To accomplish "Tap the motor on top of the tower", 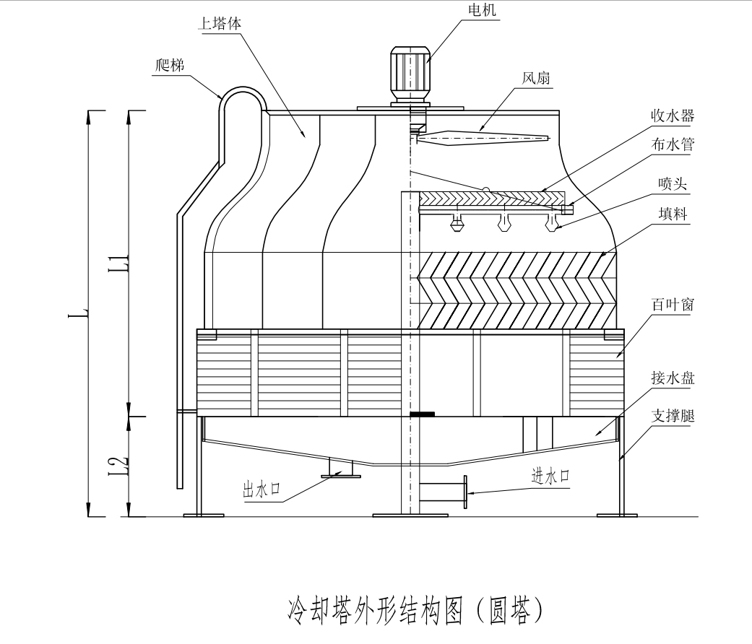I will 410,72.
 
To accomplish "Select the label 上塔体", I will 220,22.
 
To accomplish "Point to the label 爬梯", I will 170,64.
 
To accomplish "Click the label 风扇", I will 535,77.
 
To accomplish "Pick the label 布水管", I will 672,144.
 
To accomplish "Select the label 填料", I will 672,214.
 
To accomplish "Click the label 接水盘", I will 672,379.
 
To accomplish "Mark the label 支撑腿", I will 672,417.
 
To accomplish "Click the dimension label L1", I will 122,264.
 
